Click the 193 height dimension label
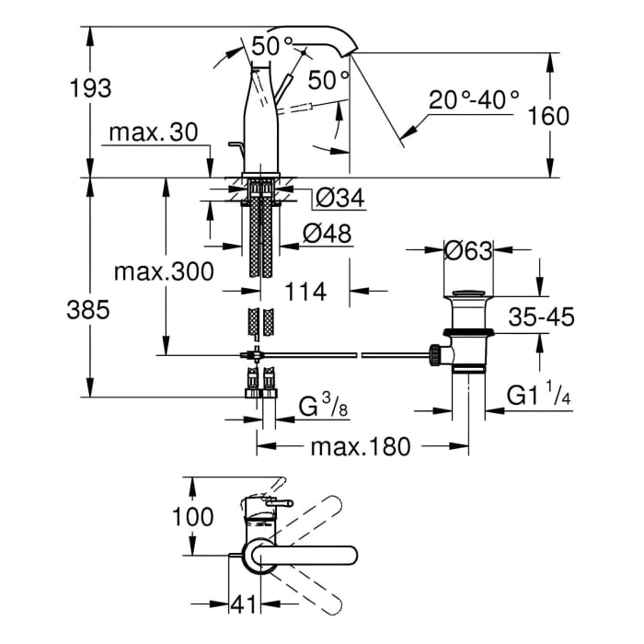pyautogui.click(x=91, y=88)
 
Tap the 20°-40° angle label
pyautogui.click(x=474, y=99)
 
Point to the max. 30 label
pyautogui.click(x=153, y=132)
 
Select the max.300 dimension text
pyautogui.click(x=165, y=271)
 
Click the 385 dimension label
pyautogui.click(x=91, y=310)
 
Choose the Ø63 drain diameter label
pyautogui.click(x=468, y=249)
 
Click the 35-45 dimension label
pyautogui.click(x=543, y=317)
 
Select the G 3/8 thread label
pyautogui.click(x=324, y=405)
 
